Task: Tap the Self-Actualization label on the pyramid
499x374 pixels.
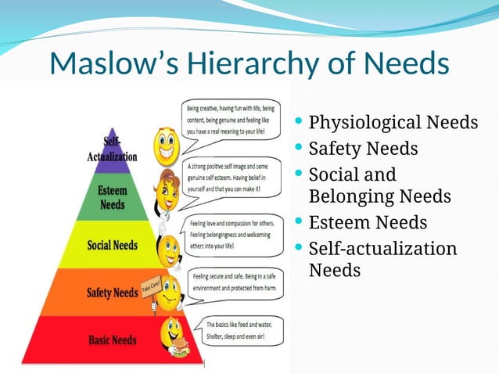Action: (113, 149)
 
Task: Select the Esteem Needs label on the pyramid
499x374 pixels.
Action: (112, 197)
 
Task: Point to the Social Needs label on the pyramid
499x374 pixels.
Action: (111, 245)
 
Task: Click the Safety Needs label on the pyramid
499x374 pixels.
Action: (112, 293)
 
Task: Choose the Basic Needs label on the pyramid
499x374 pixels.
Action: (112, 340)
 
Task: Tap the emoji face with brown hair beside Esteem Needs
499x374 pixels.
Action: (167, 192)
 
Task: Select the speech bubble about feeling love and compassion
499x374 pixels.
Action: (235, 233)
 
